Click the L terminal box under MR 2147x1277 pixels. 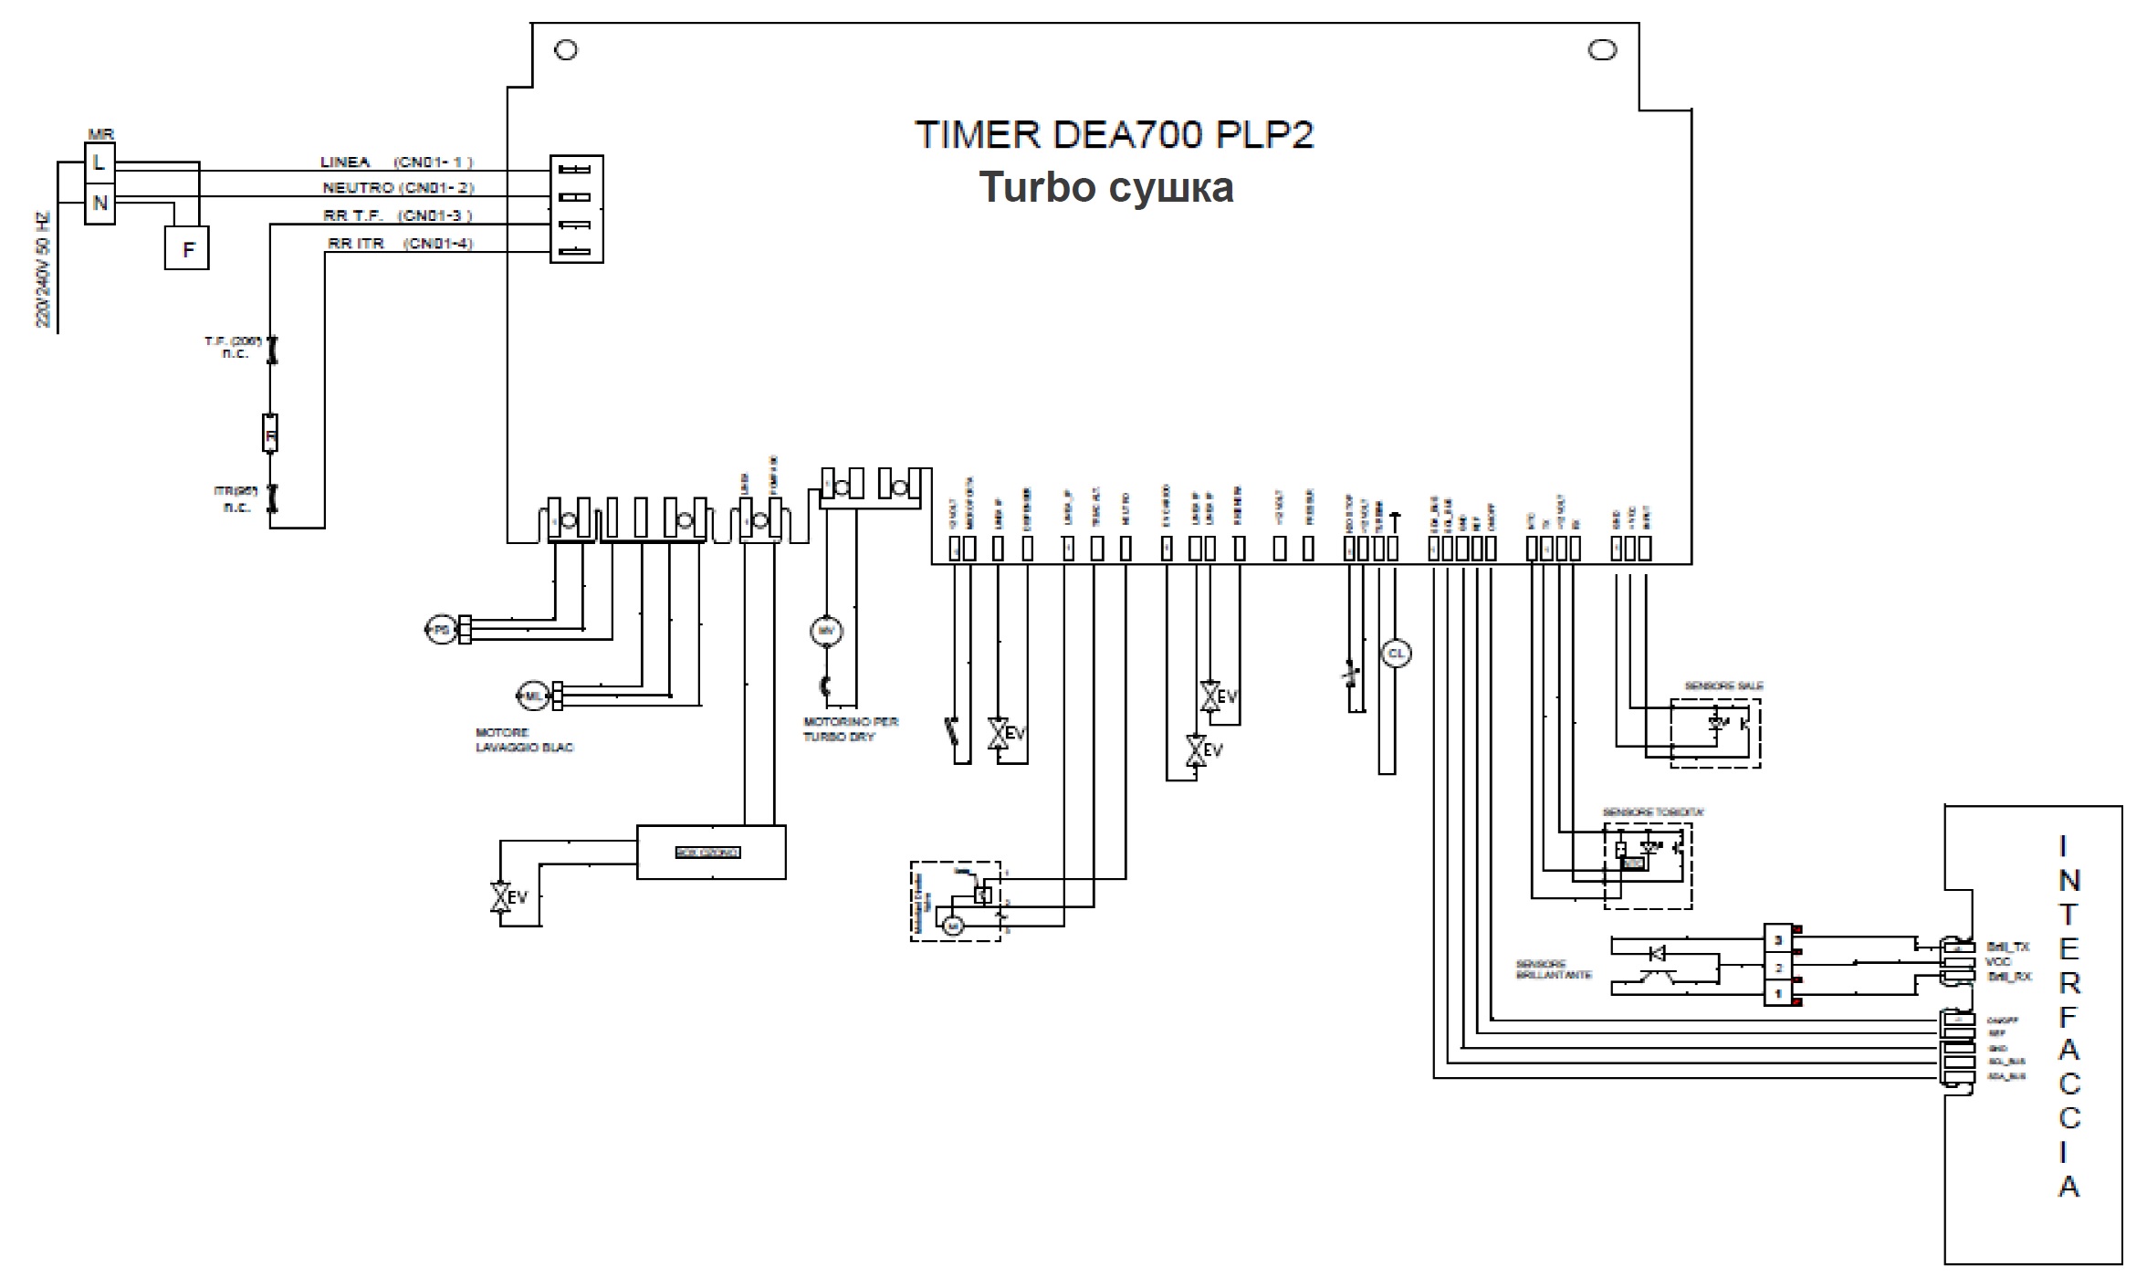point(99,163)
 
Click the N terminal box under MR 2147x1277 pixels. point(99,203)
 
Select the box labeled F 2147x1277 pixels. point(187,248)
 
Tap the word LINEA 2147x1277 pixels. point(345,162)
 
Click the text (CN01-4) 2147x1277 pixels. point(439,244)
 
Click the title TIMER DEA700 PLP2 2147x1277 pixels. point(1114,135)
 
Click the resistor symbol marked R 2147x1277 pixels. point(270,434)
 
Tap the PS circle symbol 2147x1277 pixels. point(440,629)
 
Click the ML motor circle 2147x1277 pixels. point(532,696)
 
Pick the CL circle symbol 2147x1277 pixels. point(1396,654)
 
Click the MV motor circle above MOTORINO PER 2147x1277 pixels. point(826,630)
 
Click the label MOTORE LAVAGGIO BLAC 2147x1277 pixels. point(524,740)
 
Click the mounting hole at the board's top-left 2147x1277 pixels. point(566,50)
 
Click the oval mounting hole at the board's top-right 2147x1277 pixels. point(1602,50)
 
